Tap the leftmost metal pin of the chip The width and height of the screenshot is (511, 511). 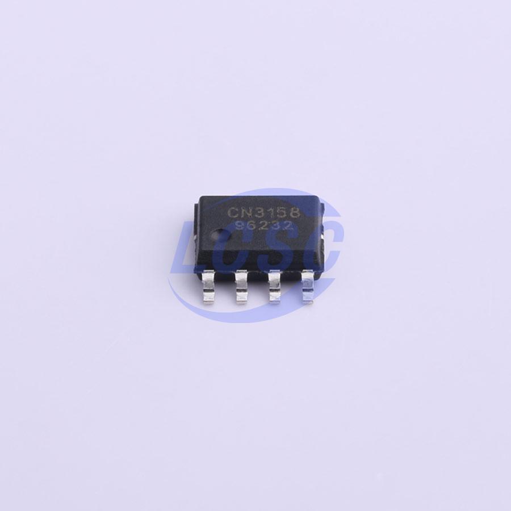(x=208, y=287)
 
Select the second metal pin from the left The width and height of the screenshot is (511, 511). (x=241, y=287)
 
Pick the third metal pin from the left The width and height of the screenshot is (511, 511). (x=275, y=287)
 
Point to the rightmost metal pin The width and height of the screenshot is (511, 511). (x=308, y=287)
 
